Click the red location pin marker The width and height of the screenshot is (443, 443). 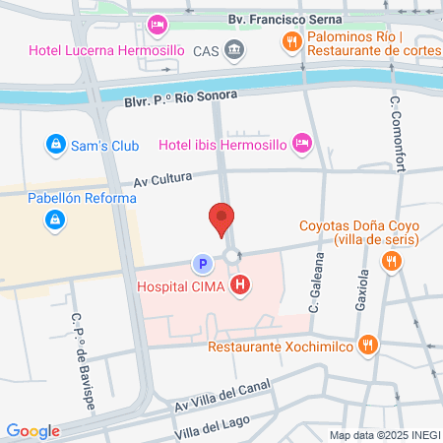221,218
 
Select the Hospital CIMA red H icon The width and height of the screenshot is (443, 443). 240,286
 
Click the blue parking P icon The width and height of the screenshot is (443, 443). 202,264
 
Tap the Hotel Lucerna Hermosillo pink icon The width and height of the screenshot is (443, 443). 156,24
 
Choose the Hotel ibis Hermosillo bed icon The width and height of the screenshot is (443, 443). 303,145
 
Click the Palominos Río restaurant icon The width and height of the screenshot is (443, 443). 291,40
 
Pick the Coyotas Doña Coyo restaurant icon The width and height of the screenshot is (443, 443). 392,261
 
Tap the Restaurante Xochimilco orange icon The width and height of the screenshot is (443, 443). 368,345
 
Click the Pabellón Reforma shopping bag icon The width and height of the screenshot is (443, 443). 51,221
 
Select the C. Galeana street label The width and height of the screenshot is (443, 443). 316,281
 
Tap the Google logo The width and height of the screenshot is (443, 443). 32,431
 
